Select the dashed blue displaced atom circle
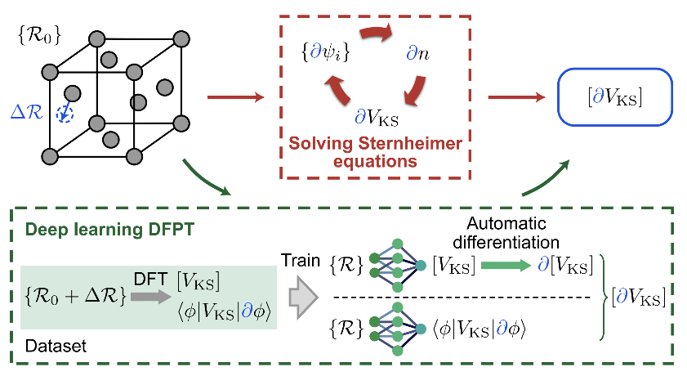65,115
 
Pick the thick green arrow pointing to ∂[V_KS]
510,263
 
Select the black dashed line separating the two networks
474,294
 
